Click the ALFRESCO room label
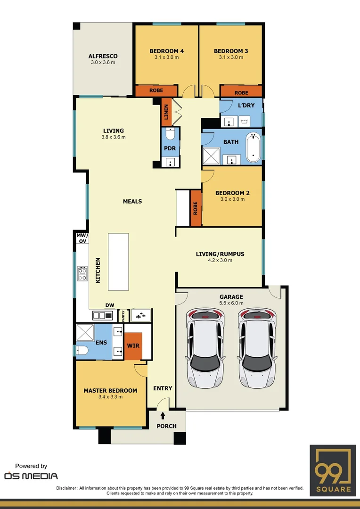103,56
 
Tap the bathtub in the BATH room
253,148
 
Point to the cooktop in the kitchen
82,273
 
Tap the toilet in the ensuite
82,350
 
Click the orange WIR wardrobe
132,346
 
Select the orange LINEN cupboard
166,112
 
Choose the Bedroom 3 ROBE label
241,93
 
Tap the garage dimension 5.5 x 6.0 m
231,303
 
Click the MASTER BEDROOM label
110,390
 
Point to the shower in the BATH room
211,156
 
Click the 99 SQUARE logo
332,470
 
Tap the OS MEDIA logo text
31,476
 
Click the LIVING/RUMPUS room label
220,254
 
